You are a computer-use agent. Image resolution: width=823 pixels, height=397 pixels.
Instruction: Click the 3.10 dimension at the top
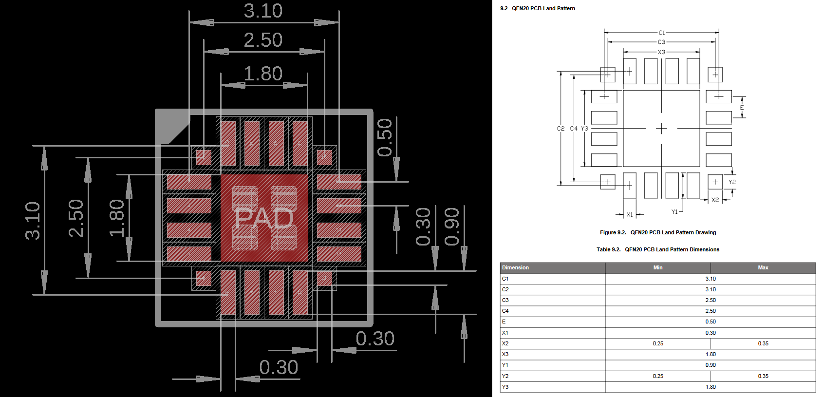click(263, 11)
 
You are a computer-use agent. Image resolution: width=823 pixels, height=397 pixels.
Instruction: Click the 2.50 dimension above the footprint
click(263, 40)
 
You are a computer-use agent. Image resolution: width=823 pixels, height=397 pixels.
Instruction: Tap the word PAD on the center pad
click(264, 219)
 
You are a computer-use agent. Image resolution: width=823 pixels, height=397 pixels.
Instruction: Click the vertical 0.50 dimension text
click(385, 137)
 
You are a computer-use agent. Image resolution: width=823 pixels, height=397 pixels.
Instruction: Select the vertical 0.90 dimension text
click(452, 227)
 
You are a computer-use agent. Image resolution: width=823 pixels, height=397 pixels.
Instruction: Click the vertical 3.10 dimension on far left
click(33, 220)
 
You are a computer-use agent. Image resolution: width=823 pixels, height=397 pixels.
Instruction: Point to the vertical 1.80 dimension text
click(117, 218)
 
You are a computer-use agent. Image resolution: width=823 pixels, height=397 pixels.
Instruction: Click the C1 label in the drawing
click(661, 33)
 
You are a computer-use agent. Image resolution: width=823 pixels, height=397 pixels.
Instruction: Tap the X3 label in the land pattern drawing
click(661, 52)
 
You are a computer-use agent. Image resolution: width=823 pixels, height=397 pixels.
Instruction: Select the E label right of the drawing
click(742, 108)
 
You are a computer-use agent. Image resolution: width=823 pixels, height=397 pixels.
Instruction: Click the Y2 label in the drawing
click(732, 182)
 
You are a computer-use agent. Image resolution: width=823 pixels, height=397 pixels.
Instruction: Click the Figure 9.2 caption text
click(658, 232)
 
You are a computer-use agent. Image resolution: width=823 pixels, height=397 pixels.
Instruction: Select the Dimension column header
click(515, 267)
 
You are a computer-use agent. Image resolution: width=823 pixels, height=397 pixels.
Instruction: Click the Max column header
click(763, 267)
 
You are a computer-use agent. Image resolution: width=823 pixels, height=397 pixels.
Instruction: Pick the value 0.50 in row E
click(711, 321)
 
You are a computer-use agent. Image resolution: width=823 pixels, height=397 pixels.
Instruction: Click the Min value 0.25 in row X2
click(658, 343)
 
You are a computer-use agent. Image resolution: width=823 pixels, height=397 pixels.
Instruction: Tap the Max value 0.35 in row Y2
click(763, 376)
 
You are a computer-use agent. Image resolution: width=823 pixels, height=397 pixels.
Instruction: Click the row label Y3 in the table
click(505, 387)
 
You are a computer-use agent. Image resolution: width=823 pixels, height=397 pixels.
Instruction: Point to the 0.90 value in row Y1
click(711, 365)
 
